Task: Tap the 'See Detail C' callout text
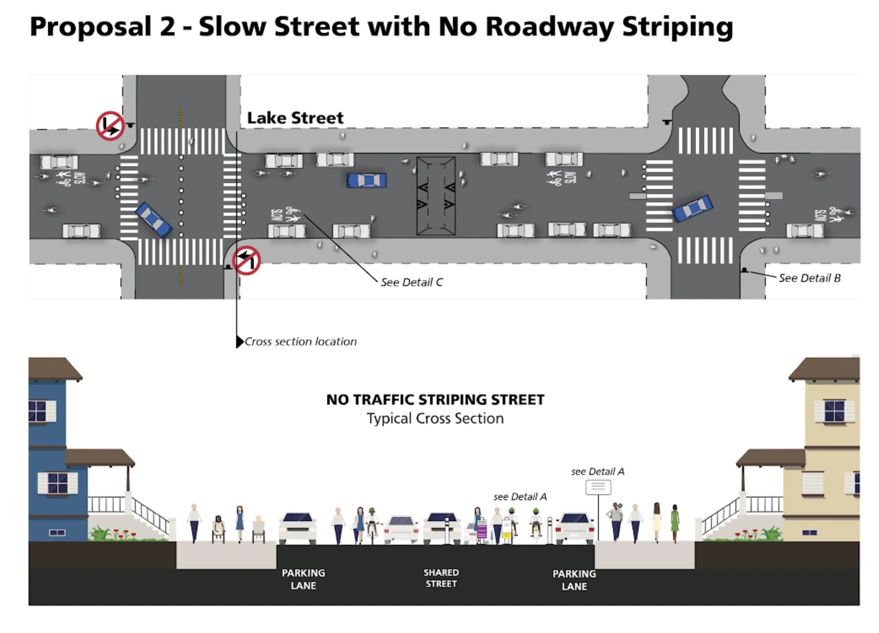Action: click(411, 283)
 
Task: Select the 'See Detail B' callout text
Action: click(809, 278)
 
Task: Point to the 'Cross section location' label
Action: click(300, 342)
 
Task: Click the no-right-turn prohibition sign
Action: click(110, 126)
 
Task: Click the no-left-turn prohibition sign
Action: click(247, 260)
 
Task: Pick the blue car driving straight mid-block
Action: click(366, 180)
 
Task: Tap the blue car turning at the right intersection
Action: click(692, 208)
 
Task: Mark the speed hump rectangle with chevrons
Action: click(436, 196)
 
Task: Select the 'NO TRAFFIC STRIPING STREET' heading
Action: click(435, 400)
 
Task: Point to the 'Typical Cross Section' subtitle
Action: click(435, 419)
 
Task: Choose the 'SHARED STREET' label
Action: click(441, 578)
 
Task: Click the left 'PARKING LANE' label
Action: click(303, 579)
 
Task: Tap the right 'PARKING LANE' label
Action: click(574, 580)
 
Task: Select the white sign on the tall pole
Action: click(598, 487)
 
